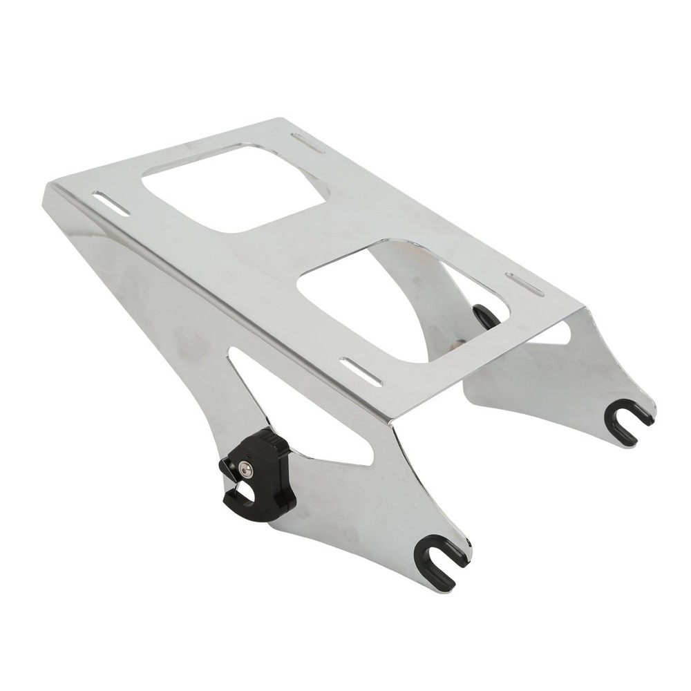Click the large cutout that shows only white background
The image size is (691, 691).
(233, 187)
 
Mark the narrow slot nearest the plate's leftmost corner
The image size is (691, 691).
(111, 204)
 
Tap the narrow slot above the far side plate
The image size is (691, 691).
(525, 284)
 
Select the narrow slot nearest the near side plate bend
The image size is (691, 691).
(361, 372)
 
